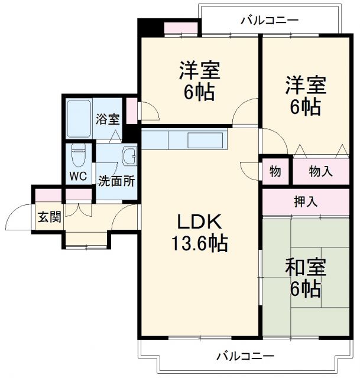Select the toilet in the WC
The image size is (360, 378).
click(78, 156)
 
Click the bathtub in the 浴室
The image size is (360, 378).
click(78, 119)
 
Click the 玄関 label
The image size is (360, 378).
click(50, 217)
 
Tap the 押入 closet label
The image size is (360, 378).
click(306, 201)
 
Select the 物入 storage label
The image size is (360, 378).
click(321, 172)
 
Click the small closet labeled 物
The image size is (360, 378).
click(275, 172)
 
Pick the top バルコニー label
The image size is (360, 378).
click(270, 21)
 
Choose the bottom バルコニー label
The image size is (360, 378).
click(245, 357)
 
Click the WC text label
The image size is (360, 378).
click(78, 176)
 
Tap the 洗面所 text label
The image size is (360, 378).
click(116, 181)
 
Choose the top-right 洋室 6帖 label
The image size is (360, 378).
click(305, 95)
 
